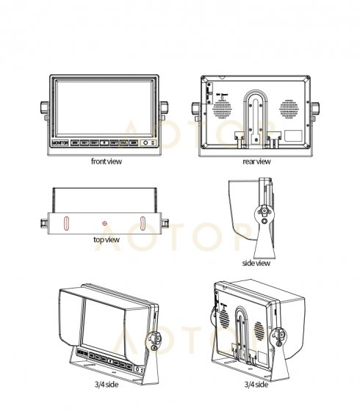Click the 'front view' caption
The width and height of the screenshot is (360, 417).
click(x=107, y=162)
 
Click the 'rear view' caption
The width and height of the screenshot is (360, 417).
click(x=256, y=162)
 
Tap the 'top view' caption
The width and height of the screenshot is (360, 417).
click(x=107, y=239)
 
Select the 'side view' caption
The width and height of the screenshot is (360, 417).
click(x=256, y=262)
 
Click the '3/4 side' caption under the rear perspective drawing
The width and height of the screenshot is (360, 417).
click(x=256, y=384)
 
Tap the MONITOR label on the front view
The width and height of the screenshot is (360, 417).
click(x=60, y=144)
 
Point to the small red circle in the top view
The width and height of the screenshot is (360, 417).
click(x=104, y=222)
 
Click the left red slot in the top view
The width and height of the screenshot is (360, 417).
click(x=65, y=222)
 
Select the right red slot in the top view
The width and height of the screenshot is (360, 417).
click(x=143, y=222)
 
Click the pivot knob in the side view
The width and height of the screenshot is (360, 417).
click(x=262, y=214)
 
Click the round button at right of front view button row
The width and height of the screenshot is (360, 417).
click(x=145, y=145)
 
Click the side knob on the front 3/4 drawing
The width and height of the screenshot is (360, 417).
click(x=155, y=341)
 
